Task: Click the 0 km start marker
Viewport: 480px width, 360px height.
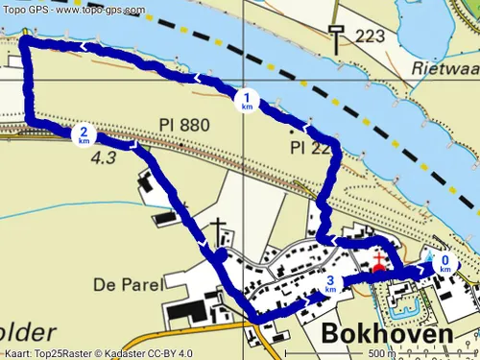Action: [x=445, y=262]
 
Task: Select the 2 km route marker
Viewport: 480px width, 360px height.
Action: [x=84, y=134]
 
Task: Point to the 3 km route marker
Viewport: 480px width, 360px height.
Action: [x=330, y=284]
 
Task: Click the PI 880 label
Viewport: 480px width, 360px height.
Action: [x=183, y=125]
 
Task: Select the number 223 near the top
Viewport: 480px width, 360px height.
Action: [x=370, y=36]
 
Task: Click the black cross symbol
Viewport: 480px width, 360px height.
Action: [x=219, y=230]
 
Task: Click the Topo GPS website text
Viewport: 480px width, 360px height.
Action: [x=73, y=9]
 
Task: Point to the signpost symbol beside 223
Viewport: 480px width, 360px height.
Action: [x=335, y=36]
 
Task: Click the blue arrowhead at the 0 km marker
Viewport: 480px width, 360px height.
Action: [x=425, y=272]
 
